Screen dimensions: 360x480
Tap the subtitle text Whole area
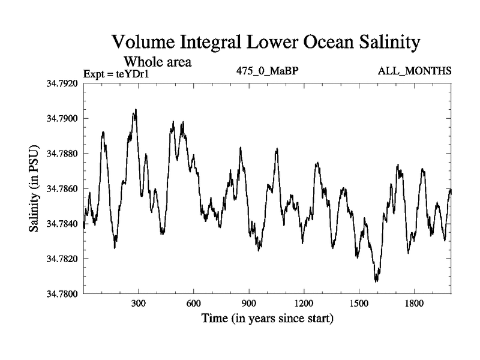coord(157,61)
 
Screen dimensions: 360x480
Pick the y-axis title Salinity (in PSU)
coord(34,189)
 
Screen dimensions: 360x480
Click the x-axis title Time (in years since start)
coord(267,317)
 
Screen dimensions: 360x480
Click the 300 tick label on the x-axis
coord(139,303)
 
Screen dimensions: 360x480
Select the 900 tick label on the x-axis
coord(248,303)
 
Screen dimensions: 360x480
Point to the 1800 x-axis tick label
coord(413,303)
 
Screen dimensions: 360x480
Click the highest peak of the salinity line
coord(136,110)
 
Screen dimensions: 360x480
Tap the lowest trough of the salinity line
coord(376,281)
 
